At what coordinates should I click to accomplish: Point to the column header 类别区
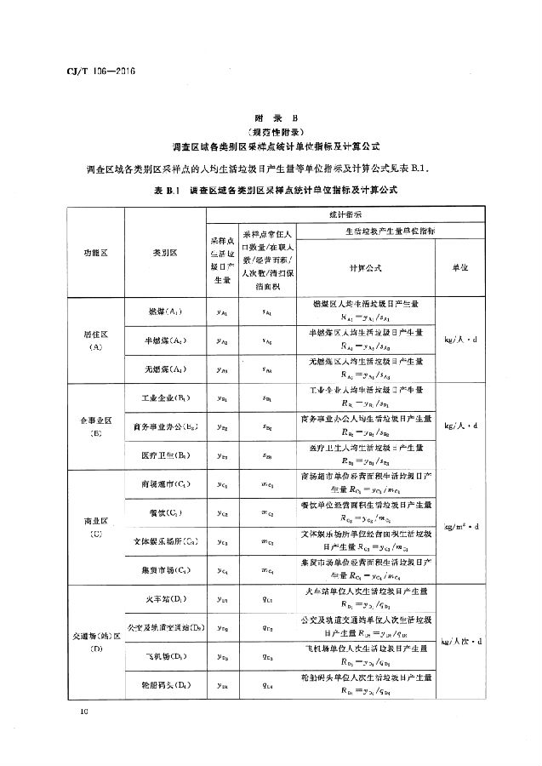(164, 254)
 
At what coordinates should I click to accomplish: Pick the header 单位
(466, 268)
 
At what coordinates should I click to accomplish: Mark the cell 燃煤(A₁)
(164, 312)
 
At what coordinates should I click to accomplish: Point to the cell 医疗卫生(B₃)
(164, 455)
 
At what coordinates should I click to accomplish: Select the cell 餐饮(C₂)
(164, 512)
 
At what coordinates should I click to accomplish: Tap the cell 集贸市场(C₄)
(164, 569)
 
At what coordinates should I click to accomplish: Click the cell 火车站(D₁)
(164, 599)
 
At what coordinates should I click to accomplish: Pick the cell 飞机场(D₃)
(164, 656)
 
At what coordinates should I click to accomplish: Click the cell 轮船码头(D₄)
(164, 684)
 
